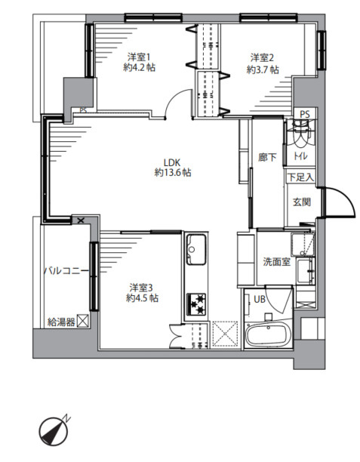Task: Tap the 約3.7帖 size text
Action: tap(263, 70)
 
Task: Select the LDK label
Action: tap(172, 162)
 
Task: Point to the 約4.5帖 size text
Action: tap(143, 298)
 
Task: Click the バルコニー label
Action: tap(66, 271)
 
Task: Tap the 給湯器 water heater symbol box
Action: tap(83, 321)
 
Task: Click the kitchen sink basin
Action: tap(196, 249)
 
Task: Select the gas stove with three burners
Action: tap(196, 304)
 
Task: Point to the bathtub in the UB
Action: tap(268, 334)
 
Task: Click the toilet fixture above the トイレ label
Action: tap(300, 134)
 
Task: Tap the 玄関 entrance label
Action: tap(302, 202)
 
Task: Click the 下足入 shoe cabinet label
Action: tap(300, 177)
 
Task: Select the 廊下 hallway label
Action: tap(267, 157)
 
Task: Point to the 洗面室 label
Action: tap(277, 261)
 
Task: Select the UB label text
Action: tap(260, 300)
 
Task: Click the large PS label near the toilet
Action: tap(305, 114)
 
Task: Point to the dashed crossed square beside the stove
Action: tap(225, 334)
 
